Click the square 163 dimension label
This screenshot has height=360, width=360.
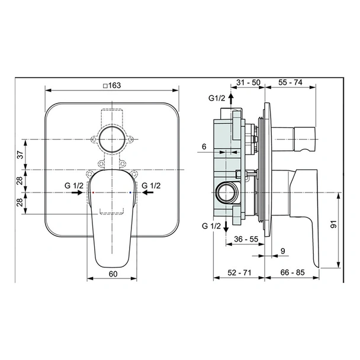point(112,86)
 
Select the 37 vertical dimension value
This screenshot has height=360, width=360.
point(21,155)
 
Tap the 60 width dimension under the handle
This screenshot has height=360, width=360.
point(113,274)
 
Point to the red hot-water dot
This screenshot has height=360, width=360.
point(93,192)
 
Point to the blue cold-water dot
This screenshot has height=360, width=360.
point(130,192)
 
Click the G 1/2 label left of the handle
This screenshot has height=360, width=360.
point(74,185)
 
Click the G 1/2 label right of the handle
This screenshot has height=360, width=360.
point(151,185)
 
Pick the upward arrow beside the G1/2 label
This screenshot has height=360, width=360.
point(231,99)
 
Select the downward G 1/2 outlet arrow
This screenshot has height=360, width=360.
point(226,227)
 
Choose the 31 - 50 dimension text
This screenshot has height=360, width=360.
point(249,82)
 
